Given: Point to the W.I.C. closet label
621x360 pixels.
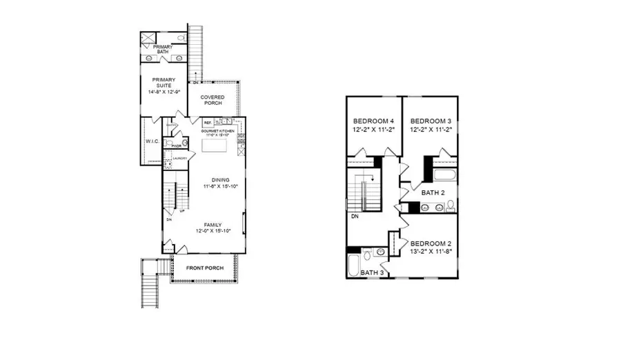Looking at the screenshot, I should [152, 142].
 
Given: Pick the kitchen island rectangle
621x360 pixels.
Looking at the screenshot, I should [215, 146].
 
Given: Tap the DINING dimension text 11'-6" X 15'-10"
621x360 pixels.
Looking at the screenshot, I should [221, 186].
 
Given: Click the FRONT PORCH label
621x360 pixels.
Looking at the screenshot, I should [205, 267].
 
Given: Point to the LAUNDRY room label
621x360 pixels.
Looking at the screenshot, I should [179, 159].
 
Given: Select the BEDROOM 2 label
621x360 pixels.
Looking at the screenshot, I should [432, 243].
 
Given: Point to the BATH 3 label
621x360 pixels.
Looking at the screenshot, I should [373, 273].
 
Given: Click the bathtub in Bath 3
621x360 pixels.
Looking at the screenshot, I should [354, 265].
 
